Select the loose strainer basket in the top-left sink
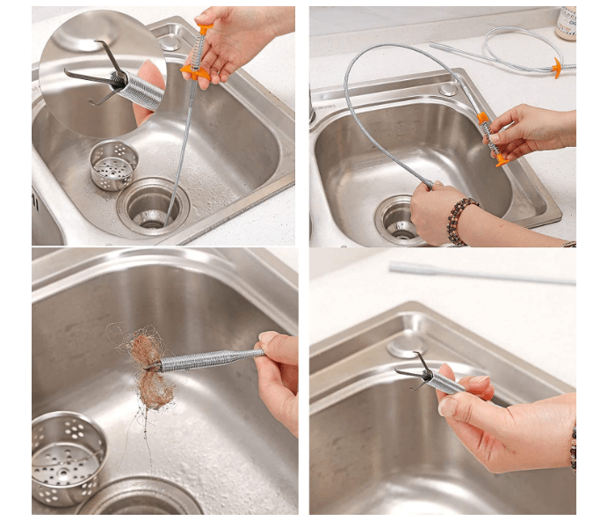click(113, 164)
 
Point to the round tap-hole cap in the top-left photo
click(164, 40)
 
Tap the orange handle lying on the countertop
click(557, 68)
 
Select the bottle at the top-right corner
click(567, 23)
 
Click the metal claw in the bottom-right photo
click(417, 370)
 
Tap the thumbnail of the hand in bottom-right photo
click(448, 406)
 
